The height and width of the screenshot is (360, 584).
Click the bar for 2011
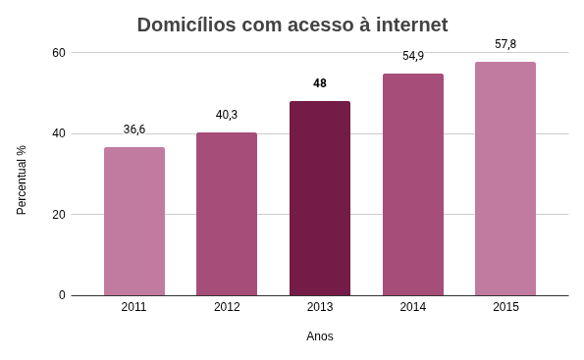[x=134, y=222]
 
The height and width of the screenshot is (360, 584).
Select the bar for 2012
[x=227, y=214]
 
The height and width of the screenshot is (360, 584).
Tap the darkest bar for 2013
[x=320, y=198]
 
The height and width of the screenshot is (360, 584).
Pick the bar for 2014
[x=412, y=184]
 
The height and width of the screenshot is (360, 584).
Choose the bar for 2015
[x=505, y=179]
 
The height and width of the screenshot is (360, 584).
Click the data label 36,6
[x=134, y=129]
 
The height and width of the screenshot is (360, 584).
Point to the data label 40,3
[x=227, y=115]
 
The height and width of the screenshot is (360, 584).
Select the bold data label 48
[x=320, y=83]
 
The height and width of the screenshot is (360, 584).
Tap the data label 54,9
[x=413, y=56]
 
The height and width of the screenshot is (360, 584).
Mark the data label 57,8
[x=505, y=44]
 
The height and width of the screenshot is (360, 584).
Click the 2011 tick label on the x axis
[x=134, y=307]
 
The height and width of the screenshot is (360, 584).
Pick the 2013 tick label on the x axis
[x=320, y=307]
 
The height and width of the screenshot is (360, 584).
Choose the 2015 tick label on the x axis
[x=505, y=307]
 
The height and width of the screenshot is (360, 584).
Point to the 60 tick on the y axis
[x=58, y=52]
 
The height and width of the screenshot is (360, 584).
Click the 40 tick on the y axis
[x=58, y=133]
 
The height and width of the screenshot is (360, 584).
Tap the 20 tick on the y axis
[x=58, y=214]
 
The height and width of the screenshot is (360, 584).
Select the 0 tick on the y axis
[x=62, y=295]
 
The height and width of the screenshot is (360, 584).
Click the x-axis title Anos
[x=320, y=336]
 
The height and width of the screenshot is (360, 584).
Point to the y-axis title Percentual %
[x=22, y=180]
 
